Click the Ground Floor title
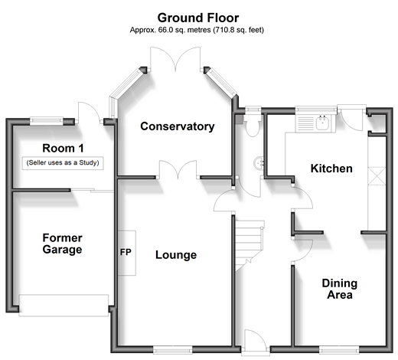click(x=198, y=18)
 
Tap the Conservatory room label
click(x=178, y=126)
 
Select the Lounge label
click(x=176, y=255)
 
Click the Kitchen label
click(x=331, y=169)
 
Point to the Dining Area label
click(x=340, y=289)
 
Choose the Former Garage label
click(x=63, y=244)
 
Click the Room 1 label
click(x=63, y=148)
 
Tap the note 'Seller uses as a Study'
click(x=63, y=162)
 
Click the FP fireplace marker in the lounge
click(x=126, y=252)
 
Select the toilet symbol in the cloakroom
click(x=253, y=127)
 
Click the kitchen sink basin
click(x=322, y=123)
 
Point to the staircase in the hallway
click(x=250, y=245)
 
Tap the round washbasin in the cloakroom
click(x=259, y=163)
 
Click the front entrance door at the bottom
click(x=256, y=342)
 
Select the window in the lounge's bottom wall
click(x=173, y=350)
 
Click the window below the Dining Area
click(x=339, y=350)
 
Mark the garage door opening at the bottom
click(x=64, y=306)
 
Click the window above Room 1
click(x=47, y=121)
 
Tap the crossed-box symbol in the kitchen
click(x=377, y=175)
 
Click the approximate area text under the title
click(x=197, y=30)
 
